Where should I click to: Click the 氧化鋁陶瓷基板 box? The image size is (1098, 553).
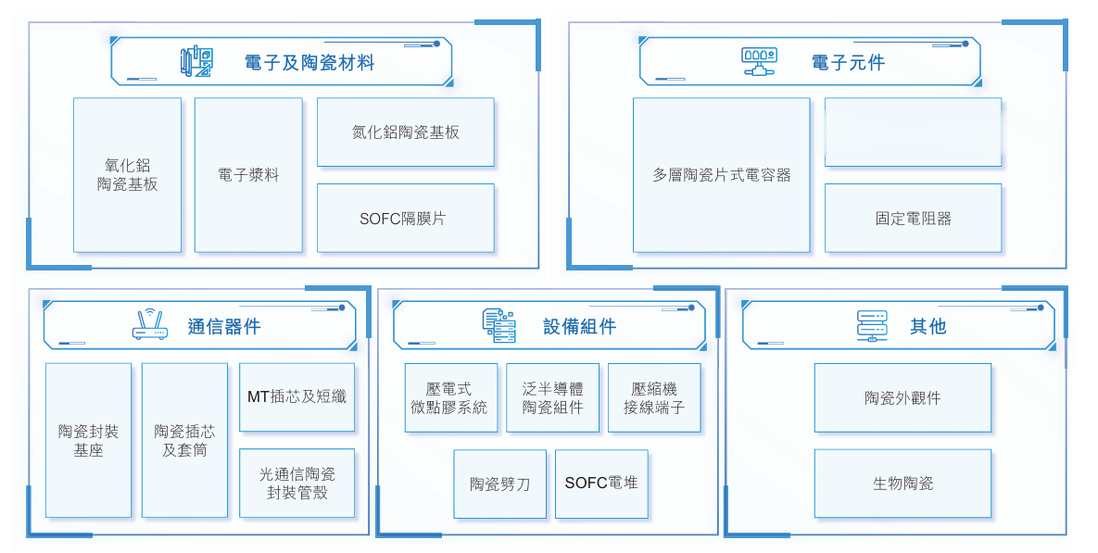point(127,175)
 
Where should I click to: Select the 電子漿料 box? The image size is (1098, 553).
point(248,175)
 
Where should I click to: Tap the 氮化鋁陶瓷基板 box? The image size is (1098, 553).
point(405,132)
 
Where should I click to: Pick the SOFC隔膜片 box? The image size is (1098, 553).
point(405,219)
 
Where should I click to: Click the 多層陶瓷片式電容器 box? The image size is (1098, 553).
point(721,175)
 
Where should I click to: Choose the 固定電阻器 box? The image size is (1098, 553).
point(913,219)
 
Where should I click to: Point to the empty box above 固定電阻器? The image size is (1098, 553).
point(913,132)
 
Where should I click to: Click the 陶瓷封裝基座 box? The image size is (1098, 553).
point(88,440)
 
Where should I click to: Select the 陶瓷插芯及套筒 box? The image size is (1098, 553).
point(184,440)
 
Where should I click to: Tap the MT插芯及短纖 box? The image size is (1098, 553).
point(297,397)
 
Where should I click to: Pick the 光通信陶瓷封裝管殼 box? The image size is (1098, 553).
point(297,483)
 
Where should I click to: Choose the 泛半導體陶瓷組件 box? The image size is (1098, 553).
point(552,397)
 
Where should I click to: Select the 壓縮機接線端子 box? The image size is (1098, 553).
point(654,397)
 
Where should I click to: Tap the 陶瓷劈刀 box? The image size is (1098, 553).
point(499,484)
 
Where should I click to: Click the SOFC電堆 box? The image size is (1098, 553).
point(601,484)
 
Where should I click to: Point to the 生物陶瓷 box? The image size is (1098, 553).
point(902,484)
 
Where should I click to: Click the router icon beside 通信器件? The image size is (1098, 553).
point(150,325)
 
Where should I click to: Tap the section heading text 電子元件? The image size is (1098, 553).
point(848,62)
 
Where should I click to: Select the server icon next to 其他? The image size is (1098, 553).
point(872,326)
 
